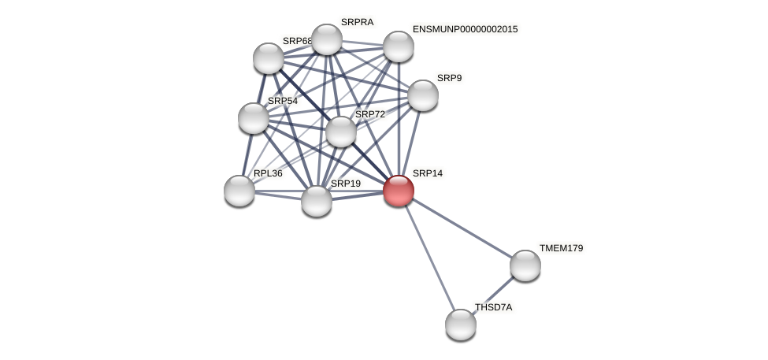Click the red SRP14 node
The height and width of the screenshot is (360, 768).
pos(399,191)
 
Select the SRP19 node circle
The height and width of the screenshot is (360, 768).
pos(317,201)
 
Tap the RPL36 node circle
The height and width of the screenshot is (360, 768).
pos(239,191)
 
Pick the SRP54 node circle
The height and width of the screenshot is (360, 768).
pos(254,118)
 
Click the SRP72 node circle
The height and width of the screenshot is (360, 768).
pos(341,132)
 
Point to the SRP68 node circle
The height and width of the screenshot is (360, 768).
pos(269,58)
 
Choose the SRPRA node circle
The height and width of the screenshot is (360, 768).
pos(327,39)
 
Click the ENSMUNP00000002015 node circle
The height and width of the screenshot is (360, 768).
pos(399,46)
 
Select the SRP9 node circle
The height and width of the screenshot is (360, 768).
pos(423,95)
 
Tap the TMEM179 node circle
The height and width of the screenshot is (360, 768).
pos(525,265)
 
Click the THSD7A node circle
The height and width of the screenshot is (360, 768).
pos(461,325)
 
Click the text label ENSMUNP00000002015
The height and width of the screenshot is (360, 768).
pos(465,29)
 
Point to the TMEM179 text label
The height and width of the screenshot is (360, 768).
pos(561,248)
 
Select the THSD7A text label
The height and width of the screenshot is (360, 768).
pos(493,307)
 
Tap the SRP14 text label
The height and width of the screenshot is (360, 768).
pos(428,173)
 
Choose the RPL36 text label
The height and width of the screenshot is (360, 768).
pos(268,173)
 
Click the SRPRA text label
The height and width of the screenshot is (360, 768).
pos(357,22)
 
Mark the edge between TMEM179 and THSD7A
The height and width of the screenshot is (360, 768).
pos(493,295)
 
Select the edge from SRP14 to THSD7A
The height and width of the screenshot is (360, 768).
pos(429,258)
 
